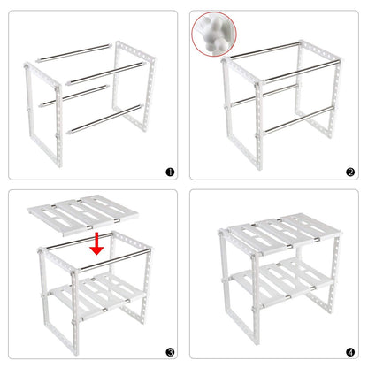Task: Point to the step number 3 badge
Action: point(170,352)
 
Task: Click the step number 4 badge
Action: point(349,352)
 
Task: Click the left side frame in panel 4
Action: point(226,292)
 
